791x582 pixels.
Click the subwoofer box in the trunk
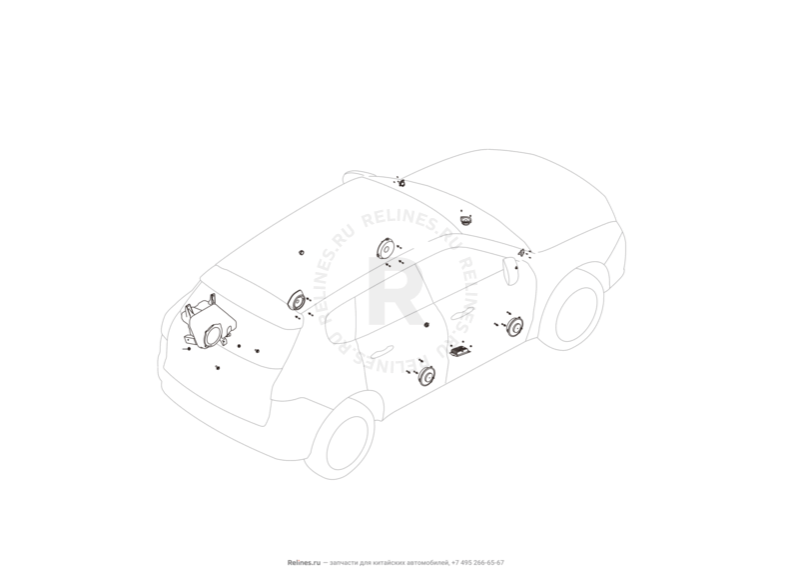click(209, 323)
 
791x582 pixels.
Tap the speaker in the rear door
click(426, 376)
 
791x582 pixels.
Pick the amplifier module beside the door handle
click(461, 350)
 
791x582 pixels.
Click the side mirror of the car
click(510, 270)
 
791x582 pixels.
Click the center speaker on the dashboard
click(466, 220)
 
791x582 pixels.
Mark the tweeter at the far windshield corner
click(402, 183)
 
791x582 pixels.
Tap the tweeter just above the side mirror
click(521, 252)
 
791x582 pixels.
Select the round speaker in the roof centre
click(387, 249)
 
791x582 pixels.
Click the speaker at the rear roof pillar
click(297, 300)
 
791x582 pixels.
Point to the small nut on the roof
click(302, 252)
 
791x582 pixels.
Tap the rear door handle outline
click(382, 352)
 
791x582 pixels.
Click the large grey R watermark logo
click(395, 292)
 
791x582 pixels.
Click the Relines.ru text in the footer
click(304, 563)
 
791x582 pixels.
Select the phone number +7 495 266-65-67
click(477, 563)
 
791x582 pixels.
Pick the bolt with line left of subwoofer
click(187, 349)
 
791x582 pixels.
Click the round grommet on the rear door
click(426, 325)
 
